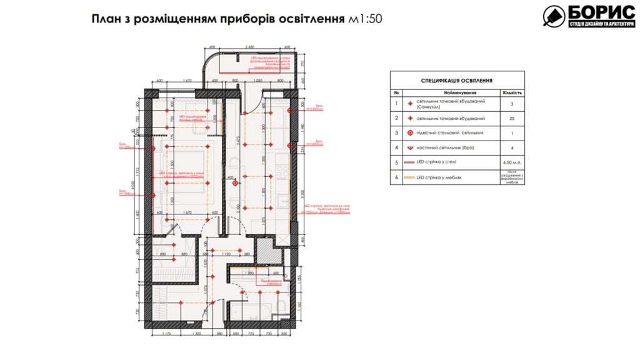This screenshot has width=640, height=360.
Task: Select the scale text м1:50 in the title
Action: click(x=365, y=19)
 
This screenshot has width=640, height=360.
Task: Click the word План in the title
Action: click(x=107, y=19)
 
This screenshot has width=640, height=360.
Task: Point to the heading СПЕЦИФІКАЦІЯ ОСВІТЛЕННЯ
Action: click(x=457, y=81)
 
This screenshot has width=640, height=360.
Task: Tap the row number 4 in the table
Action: click(x=396, y=147)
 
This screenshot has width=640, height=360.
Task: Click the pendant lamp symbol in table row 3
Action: click(x=410, y=132)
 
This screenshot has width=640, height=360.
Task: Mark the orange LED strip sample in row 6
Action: click(x=410, y=177)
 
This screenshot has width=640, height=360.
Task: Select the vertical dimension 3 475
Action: click(x=230, y=139)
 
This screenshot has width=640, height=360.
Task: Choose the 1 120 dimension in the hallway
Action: click(x=227, y=254)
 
